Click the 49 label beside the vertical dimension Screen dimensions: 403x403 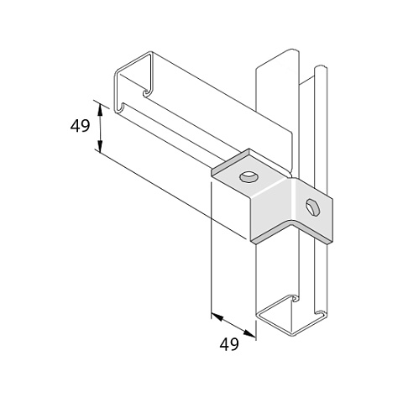coord(80,126)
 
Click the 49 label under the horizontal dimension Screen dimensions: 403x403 coord(229,344)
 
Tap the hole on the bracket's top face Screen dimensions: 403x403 coord(249,177)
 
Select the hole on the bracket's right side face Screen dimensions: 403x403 coord(313,207)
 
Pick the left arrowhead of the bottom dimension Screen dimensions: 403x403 coord(217,317)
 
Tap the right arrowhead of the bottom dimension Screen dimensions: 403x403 coord(249,332)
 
